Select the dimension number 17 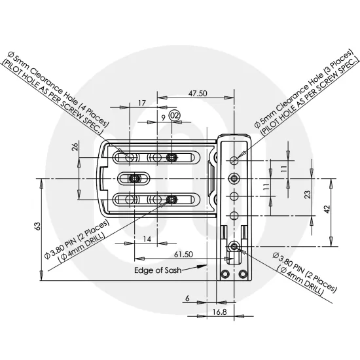(x=142, y=103)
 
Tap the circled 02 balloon (x=174, y=115)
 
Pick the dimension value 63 (x=37, y=226)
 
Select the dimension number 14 (x=147, y=240)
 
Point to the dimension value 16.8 (x=220, y=313)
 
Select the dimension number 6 (x=187, y=298)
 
